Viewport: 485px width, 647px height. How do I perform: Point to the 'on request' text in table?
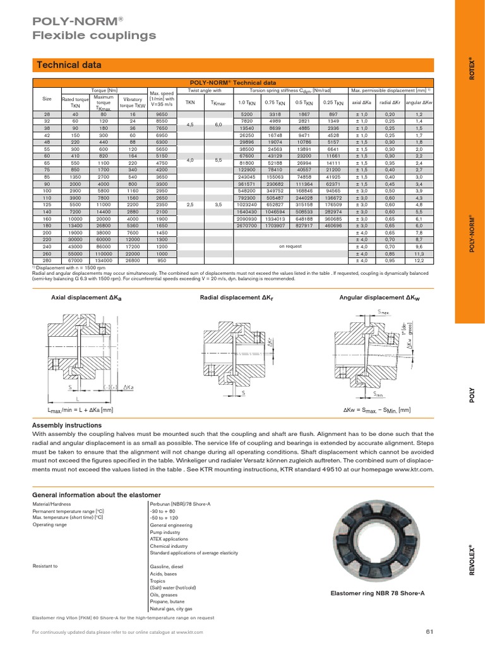[x=290, y=246]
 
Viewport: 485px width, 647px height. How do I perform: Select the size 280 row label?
[x=47, y=259]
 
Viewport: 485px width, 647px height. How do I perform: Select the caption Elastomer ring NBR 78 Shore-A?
[x=378, y=594]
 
